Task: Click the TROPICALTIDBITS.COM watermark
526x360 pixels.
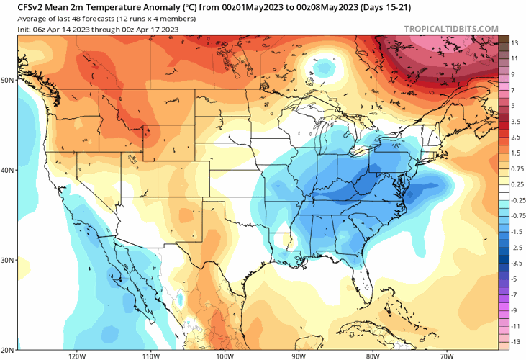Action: point(451,29)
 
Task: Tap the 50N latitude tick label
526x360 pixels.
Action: point(8,80)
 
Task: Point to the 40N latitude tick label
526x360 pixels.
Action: point(8,171)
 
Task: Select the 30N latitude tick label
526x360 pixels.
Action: point(8,260)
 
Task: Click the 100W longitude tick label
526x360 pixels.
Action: point(225,355)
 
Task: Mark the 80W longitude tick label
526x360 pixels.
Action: point(372,355)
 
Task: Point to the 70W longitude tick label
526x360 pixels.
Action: point(446,355)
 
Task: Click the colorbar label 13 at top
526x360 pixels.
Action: point(514,42)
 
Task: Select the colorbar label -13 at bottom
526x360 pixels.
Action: point(515,341)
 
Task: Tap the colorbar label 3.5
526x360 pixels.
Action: point(515,122)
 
